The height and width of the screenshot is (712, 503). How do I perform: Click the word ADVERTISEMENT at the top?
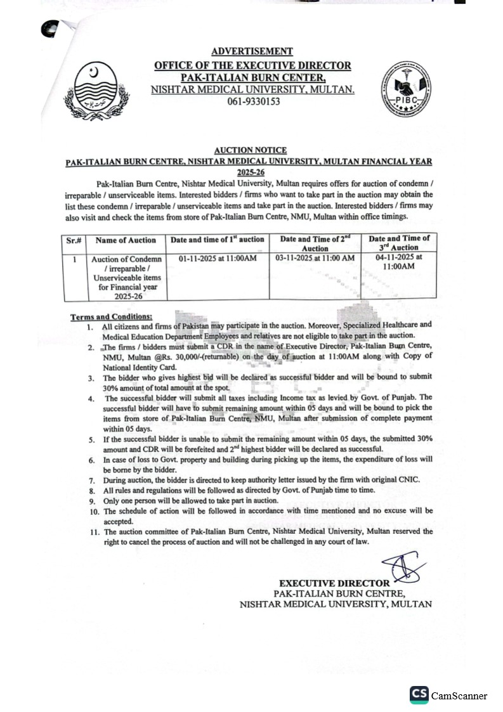click(252, 51)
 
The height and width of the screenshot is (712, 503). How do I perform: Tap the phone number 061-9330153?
click(253, 101)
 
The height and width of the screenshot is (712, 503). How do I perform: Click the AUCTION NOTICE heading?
click(250, 150)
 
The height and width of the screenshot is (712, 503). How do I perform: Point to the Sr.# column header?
click(75, 240)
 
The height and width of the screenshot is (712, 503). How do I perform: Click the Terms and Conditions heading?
click(111, 316)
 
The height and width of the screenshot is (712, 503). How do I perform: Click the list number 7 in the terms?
click(91, 481)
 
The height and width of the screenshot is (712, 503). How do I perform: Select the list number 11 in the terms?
click(93, 531)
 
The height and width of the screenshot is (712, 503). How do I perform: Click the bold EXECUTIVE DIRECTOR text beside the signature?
click(334, 583)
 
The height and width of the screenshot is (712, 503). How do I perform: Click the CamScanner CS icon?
click(419, 695)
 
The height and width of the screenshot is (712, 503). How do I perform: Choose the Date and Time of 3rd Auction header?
click(400, 243)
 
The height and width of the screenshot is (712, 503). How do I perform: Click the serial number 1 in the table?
click(75, 259)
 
